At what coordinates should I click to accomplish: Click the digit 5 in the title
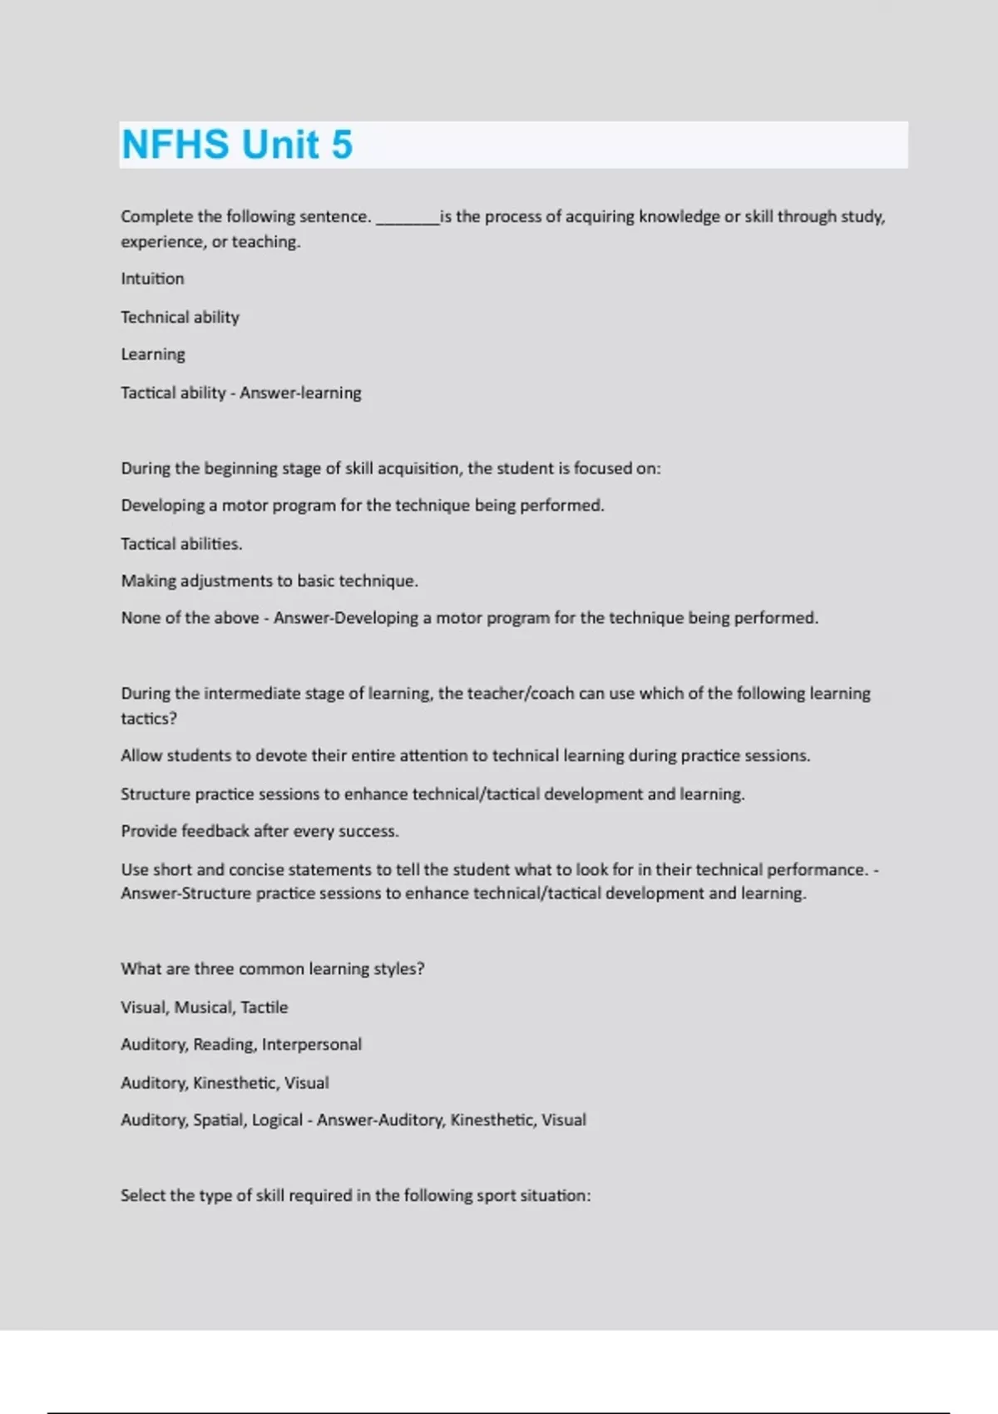click(x=342, y=145)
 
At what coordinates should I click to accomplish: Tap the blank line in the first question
click(x=407, y=219)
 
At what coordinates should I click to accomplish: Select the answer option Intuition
click(x=152, y=279)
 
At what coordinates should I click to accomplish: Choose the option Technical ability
click(x=180, y=317)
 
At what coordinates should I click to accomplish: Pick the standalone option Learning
click(x=153, y=354)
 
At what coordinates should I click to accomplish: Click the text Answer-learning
click(x=300, y=393)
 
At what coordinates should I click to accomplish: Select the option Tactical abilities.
click(x=181, y=544)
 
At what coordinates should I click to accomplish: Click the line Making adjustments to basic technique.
click(x=269, y=581)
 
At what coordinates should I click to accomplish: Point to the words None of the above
click(x=190, y=618)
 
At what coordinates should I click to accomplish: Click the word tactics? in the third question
click(x=149, y=719)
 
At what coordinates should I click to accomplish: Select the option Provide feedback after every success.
click(x=259, y=831)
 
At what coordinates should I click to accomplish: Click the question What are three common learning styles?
click(x=272, y=969)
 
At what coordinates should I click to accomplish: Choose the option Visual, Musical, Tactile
click(x=204, y=1007)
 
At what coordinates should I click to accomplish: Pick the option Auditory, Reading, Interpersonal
click(x=241, y=1045)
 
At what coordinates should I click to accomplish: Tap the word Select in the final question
click(x=143, y=1195)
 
